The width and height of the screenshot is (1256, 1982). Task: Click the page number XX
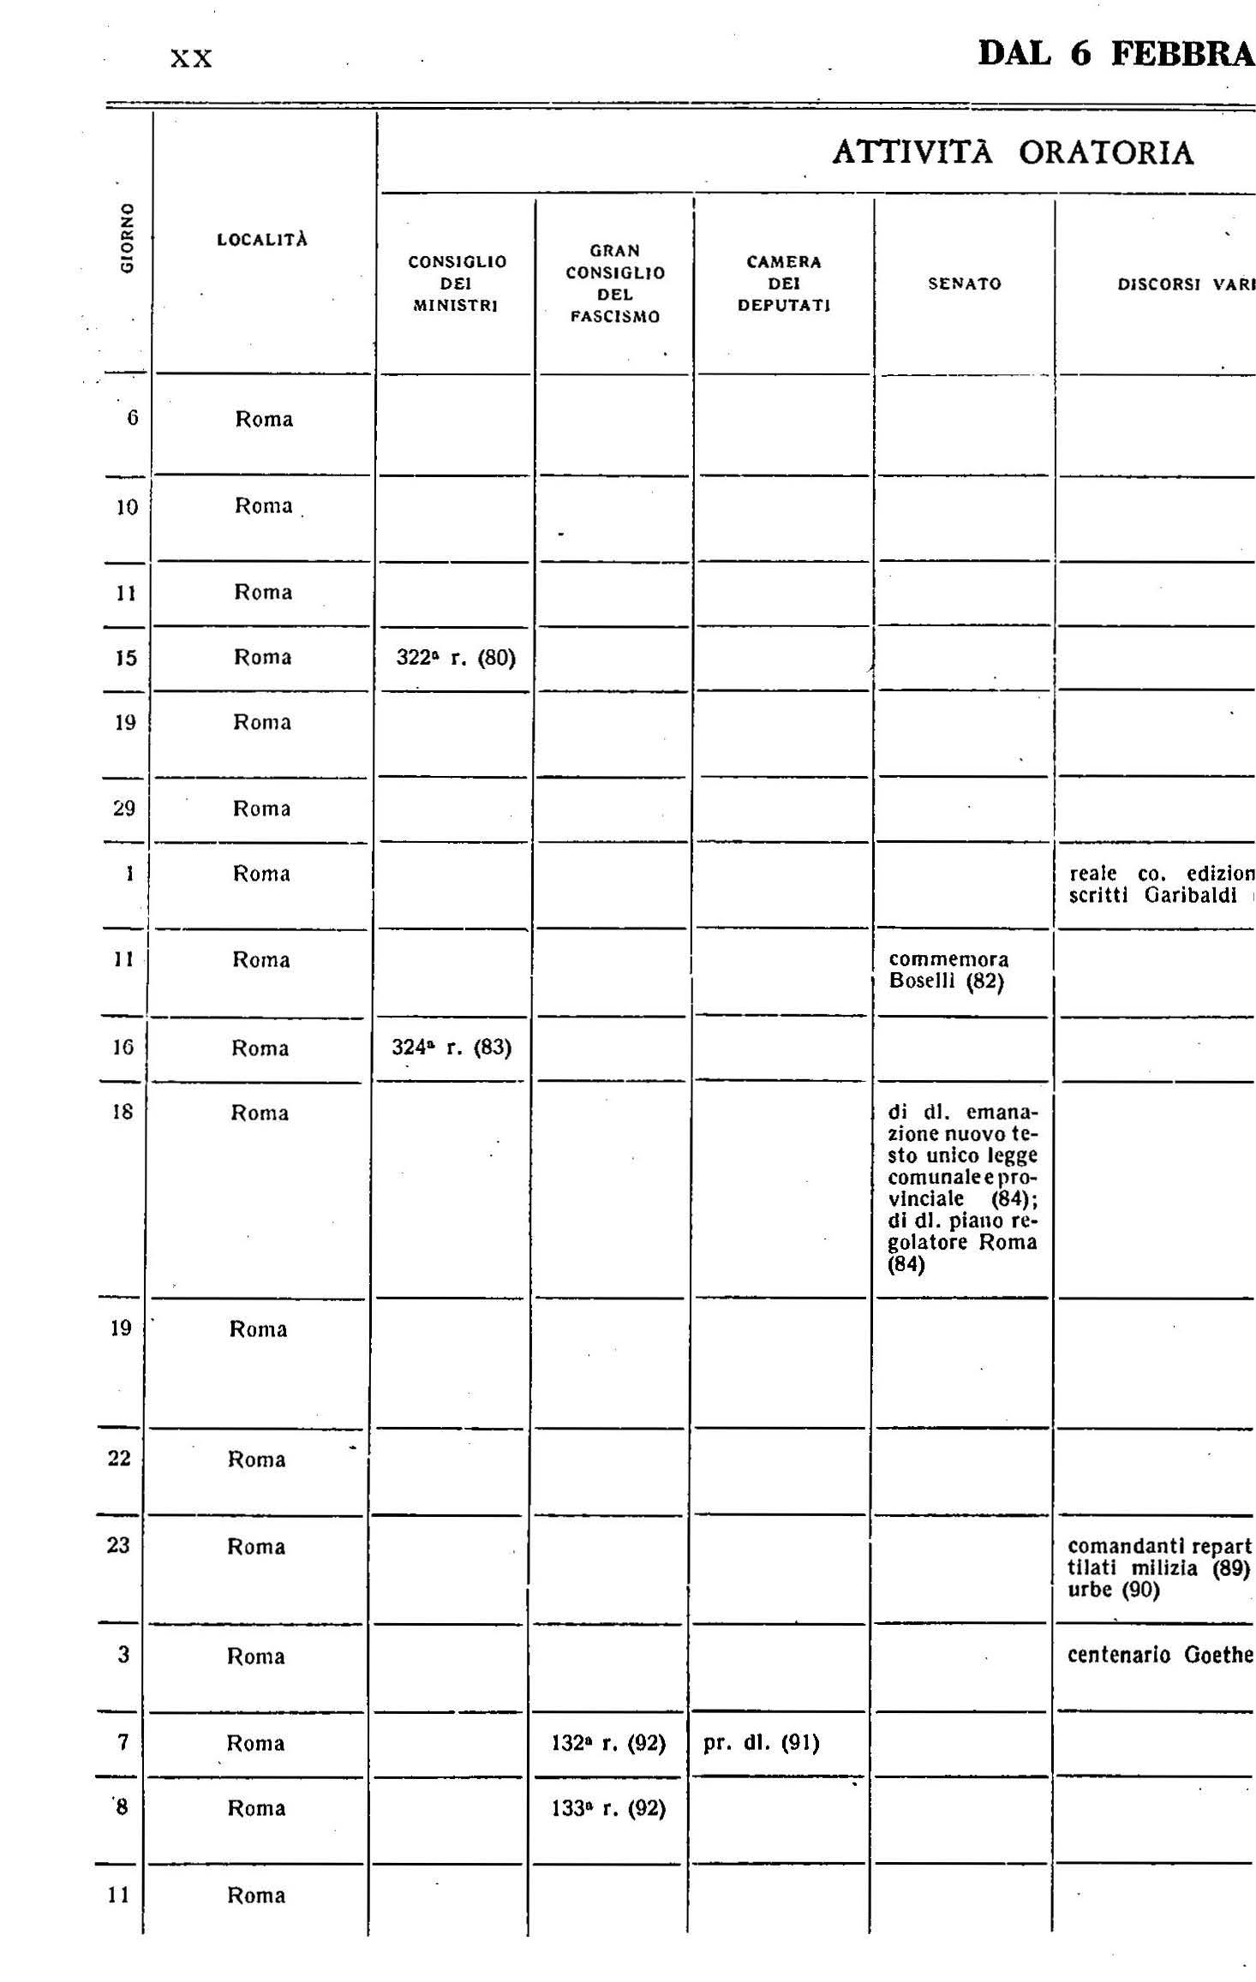tap(191, 58)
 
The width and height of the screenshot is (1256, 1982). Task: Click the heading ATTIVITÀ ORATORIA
tap(1013, 152)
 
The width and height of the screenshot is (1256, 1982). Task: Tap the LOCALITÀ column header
tap(262, 240)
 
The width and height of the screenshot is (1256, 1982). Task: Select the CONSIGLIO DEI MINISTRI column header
tap(457, 284)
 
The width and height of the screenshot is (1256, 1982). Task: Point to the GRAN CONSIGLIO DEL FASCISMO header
tap(614, 284)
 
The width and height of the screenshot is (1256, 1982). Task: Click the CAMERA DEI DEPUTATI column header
tap(783, 284)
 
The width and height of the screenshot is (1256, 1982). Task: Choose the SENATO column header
tap(964, 284)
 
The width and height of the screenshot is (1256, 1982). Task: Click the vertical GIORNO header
tap(127, 239)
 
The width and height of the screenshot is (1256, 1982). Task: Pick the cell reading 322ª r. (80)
tap(456, 658)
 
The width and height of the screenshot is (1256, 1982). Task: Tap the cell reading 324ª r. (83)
tap(452, 1047)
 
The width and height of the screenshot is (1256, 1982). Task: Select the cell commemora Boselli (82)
tap(948, 970)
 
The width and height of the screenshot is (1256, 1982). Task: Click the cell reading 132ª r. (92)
tap(608, 1742)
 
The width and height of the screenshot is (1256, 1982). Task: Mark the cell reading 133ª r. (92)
tap(608, 1807)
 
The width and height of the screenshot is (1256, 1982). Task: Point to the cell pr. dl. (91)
tap(761, 1742)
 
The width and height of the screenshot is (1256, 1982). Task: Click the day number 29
tap(124, 808)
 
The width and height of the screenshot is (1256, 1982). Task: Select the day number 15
tap(126, 658)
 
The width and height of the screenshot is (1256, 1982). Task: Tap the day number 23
tap(119, 1544)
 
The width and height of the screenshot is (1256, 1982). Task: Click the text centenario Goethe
tap(1160, 1654)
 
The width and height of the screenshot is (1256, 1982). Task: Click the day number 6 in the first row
tap(132, 418)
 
